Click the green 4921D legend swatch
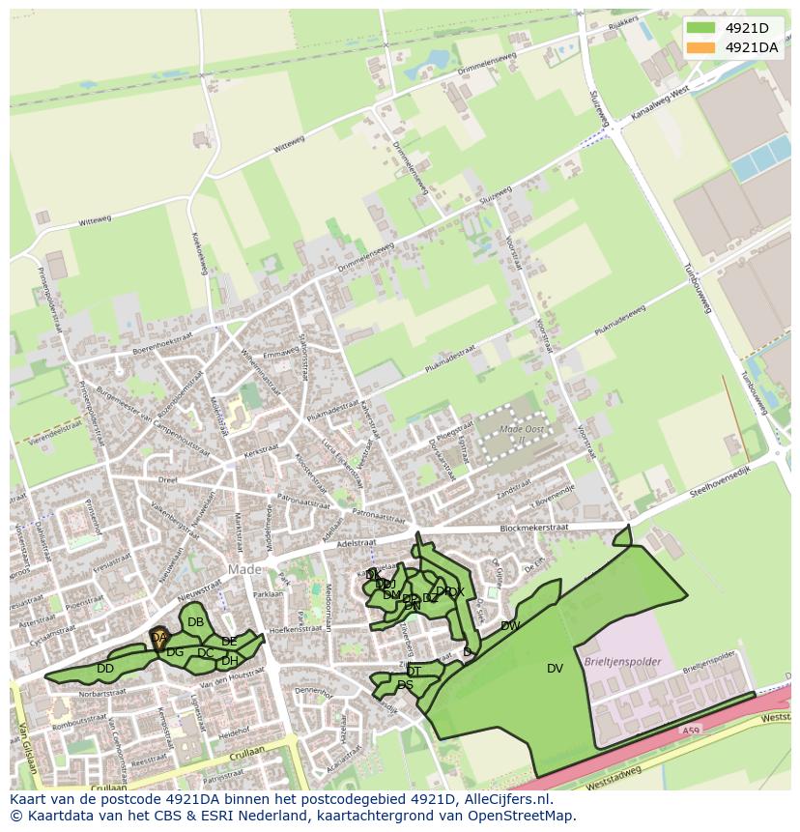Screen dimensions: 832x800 [x=701, y=27]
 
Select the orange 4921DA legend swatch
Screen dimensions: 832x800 [x=701, y=47]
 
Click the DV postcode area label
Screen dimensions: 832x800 [x=555, y=668]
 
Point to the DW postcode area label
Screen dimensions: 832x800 [x=510, y=626]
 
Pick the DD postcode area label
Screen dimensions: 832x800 [x=105, y=669]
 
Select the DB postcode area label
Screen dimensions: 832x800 [x=195, y=622]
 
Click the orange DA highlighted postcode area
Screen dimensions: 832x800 [x=158, y=638]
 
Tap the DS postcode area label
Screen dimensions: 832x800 [x=405, y=685]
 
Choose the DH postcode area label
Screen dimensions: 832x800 [x=229, y=662]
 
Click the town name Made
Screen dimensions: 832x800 [x=244, y=570]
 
